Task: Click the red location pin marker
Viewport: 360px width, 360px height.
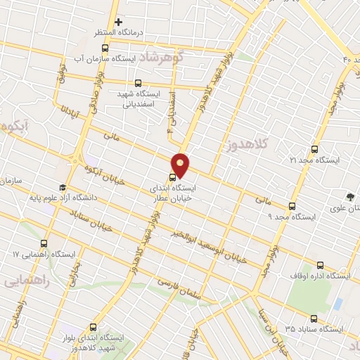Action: (x=181, y=164)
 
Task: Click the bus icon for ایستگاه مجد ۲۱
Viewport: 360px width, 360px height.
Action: (x=314, y=149)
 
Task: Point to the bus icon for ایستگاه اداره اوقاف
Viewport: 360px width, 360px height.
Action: (x=321, y=265)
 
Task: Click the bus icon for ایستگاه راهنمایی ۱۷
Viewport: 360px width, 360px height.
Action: (x=46, y=243)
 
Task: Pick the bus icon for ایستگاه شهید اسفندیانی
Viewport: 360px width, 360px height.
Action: (x=138, y=83)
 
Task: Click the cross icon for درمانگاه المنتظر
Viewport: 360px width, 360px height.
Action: (x=118, y=22)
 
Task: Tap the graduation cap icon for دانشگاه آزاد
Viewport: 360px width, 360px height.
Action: (x=63, y=188)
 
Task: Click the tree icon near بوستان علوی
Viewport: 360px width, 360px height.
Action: (x=349, y=197)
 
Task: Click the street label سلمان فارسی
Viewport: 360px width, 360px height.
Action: (x=179, y=289)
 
